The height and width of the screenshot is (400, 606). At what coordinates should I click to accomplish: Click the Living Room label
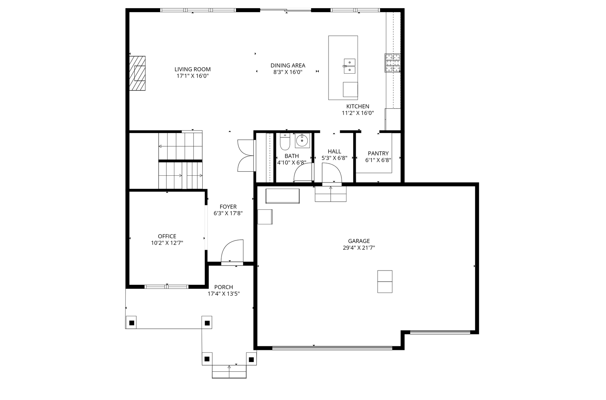tap(193, 69)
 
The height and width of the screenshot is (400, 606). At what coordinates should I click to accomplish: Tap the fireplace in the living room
tap(138, 74)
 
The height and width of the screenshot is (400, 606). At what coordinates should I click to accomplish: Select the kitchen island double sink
tap(349, 66)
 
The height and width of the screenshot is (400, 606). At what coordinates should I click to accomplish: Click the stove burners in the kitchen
tap(392, 63)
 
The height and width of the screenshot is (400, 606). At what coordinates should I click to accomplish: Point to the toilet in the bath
tap(285, 142)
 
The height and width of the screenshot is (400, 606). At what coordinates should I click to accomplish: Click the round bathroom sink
tap(302, 141)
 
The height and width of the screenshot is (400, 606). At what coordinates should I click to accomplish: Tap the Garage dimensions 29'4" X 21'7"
tap(359, 248)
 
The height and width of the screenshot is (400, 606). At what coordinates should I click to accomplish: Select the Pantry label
tap(378, 153)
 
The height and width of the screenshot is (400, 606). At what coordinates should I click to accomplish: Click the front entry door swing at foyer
tap(232, 252)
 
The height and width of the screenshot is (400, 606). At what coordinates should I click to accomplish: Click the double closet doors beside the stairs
tap(246, 156)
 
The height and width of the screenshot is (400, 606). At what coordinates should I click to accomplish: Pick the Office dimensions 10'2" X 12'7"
tap(167, 243)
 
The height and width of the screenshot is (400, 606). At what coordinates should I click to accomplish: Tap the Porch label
tap(223, 287)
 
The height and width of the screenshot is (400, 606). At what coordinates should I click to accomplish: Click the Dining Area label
tap(288, 65)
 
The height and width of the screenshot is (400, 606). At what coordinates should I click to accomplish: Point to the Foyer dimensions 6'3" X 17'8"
tap(228, 213)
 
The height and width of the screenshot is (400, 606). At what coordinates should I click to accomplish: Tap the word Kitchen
tap(358, 106)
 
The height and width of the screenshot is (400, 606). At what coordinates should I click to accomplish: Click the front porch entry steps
tap(229, 372)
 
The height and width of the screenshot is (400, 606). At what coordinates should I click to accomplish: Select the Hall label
tap(334, 151)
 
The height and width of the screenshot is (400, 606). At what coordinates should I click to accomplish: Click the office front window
tap(166, 287)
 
